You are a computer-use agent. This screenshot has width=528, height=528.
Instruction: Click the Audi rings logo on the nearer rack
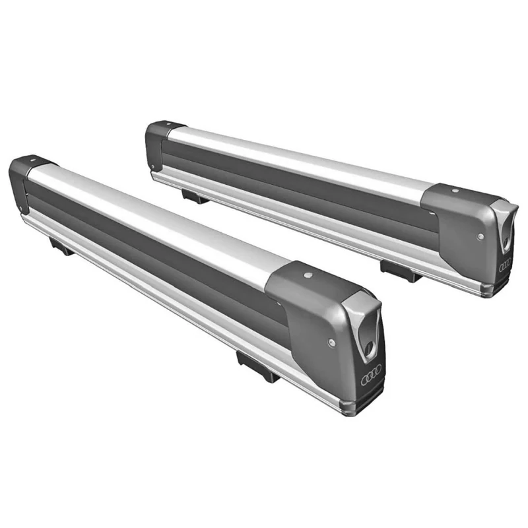click(371, 377)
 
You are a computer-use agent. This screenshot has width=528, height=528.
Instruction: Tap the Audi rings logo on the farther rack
click(505, 265)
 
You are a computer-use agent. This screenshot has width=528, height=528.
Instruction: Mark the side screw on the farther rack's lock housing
click(480, 236)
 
